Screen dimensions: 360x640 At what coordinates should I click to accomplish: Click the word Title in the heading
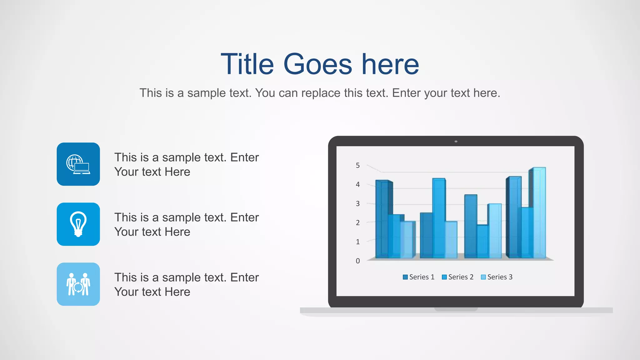(x=247, y=64)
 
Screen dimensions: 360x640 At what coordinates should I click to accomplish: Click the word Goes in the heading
(x=317, y=64)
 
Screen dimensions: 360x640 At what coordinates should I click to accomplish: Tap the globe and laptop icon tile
(x=78, y=164)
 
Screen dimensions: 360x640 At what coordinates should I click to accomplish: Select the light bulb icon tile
(x=78, y=224)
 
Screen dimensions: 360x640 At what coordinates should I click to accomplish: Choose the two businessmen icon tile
(x=78, y=284)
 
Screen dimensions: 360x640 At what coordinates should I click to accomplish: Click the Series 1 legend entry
(x=419, y=277)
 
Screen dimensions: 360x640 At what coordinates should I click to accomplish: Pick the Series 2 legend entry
(x=458, y=277)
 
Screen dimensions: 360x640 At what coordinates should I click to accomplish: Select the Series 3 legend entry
(x=497, y=277)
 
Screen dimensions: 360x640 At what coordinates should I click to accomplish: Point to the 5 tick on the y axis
(x=358, y=165)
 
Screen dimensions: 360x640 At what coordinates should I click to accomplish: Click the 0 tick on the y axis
(x=358, y=261)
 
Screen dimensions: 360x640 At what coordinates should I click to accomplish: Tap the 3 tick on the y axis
(x=358, y=203)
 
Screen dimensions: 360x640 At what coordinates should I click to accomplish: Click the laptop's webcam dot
(x=456, y=142)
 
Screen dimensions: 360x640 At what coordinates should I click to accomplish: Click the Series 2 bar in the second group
(x=439, y=219)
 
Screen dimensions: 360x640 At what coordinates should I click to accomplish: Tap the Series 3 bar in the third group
(x=495, y=231)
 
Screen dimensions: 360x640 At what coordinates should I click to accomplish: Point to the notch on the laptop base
(x=456, y=309)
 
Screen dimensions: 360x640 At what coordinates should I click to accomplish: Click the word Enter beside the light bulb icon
(x=244, y=217)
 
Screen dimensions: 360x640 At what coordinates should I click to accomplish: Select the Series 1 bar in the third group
(x=471, y=227)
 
